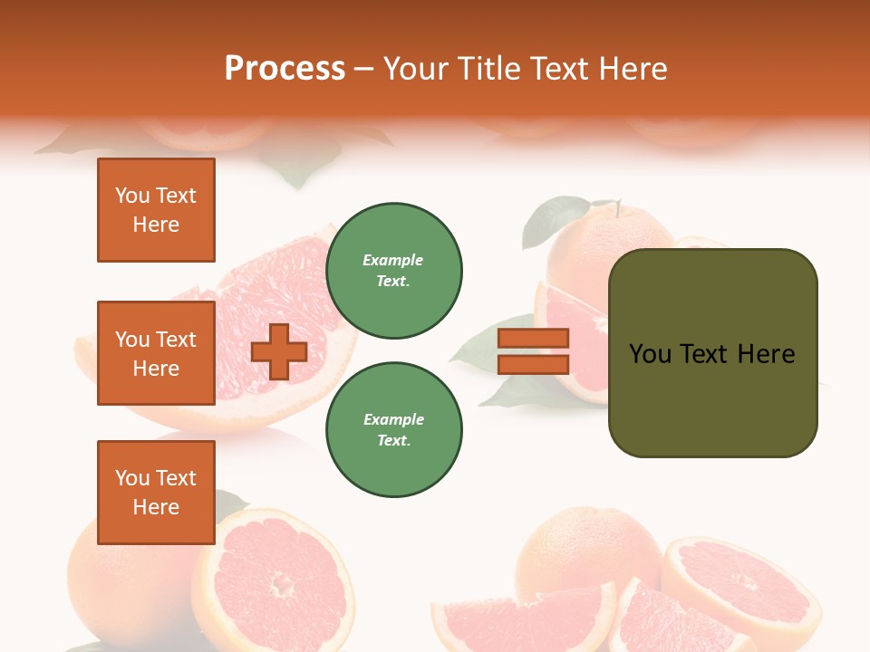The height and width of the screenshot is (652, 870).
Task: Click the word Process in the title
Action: (x=285, y=69)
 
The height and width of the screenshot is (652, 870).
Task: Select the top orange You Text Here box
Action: (x=156, y=210)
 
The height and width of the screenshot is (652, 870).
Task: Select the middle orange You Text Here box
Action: (x=156, y=353)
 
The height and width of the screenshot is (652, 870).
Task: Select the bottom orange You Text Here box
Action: (x=156, y=493)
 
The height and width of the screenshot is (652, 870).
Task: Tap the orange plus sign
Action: (x=279, y=351)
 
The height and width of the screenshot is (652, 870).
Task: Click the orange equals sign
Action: (x=533, y=351)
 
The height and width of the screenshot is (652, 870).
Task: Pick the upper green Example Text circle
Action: (x=393, y=271)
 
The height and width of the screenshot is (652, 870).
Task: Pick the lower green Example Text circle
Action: (x=393, y=430)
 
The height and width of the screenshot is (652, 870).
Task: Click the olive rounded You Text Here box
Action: (x=712, y=353)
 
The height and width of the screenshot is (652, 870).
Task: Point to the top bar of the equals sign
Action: (x=533, y=338)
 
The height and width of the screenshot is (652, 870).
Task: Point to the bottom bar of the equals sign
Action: (x=533, y=365)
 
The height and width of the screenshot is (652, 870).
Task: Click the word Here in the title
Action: (x=632, y=69)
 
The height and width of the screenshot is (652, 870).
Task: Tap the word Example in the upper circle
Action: (x=393, y=260)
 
